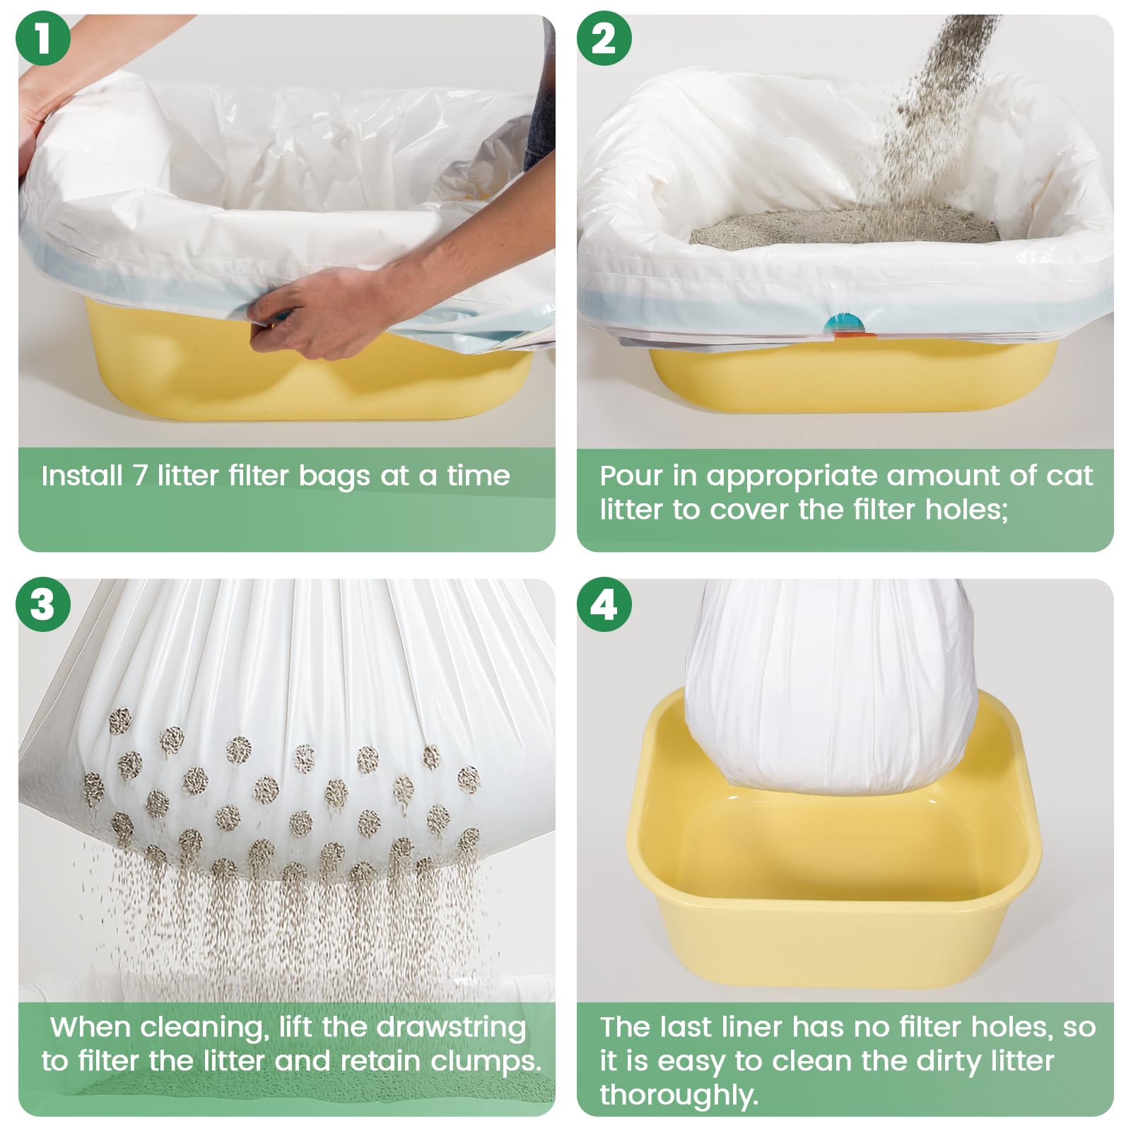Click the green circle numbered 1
42,38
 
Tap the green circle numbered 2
604,38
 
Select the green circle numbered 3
42,604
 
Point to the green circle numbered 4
604,604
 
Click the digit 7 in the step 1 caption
140,476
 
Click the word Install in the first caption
82,476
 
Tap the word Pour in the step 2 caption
631,476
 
